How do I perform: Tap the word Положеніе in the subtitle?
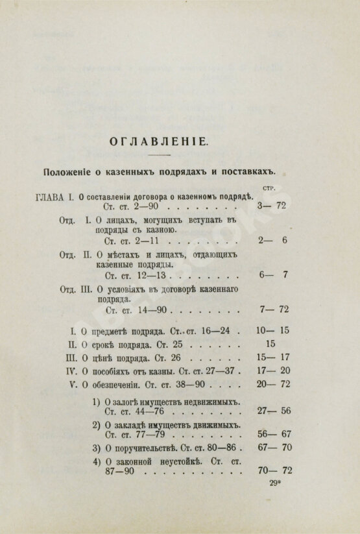67,171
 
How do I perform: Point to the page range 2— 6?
273,239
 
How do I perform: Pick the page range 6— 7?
273,274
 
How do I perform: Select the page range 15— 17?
273,358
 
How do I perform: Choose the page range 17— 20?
273,371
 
